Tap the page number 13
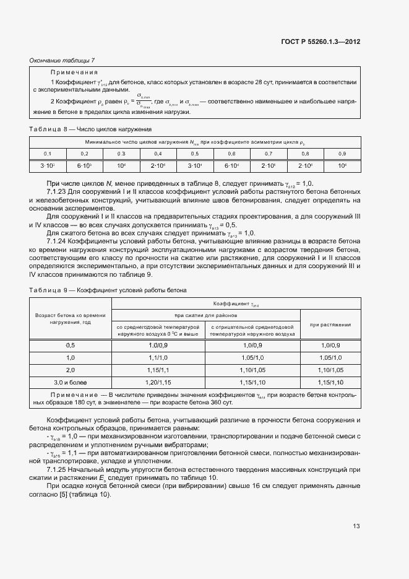(356, 526)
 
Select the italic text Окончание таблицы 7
(62, 60)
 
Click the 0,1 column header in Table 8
(48, 153)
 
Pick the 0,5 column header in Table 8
(195, 153)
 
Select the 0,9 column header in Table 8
(342, 153)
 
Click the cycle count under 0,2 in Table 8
(84, 165)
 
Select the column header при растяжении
(330, 324)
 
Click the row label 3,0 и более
(70, 383)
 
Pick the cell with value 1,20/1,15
(158, 383)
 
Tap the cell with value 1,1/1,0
(158, 358)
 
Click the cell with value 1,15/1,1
(158, 370)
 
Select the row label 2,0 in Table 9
(70, 370)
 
